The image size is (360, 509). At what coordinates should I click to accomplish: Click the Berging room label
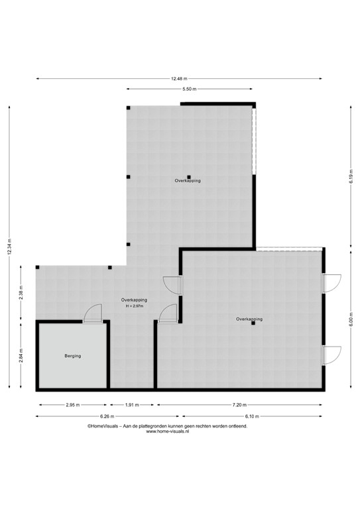click(73, 356)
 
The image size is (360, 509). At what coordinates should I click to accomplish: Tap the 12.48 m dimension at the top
click(179, 79)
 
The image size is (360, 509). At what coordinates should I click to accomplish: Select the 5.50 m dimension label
click(189, 89)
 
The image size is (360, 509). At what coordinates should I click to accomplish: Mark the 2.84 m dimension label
click(21, 356)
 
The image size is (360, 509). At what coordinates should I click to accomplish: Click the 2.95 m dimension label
click(73, 404)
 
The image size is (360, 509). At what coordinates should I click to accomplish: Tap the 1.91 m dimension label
click(132, 404)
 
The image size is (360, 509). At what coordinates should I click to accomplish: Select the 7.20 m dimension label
click(239, 404)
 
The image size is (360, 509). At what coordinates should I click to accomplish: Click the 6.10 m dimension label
click(253, 416)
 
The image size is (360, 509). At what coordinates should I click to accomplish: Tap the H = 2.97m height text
click(136, 306)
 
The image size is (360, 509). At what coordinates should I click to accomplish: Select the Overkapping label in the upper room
click(188, 180)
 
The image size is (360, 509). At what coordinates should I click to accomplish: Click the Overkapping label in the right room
click(249, 319)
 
